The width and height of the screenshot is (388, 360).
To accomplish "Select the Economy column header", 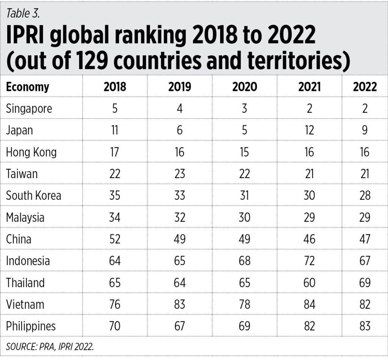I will pyautogui.click(x=27, y=87).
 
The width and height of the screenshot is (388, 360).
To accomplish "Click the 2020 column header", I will pyautogui.click(x=244, y=87).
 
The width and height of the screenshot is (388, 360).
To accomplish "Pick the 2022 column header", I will pyautogui.click(x=365, y=87).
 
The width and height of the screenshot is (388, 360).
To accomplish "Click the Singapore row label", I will pyautogui.click(x=29, y=109).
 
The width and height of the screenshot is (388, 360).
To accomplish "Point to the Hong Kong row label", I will pyautogui.click(x=31, y=152).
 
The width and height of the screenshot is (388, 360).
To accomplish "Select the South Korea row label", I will pyautogui.click(x=33, y=196).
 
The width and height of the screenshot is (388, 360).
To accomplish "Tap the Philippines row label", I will pyautogui.click(x=31, y=326).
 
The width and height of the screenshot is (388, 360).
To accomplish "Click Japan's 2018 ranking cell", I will pyautogui.click(x=115, y=130).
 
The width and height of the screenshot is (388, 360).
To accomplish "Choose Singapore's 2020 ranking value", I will pyautogui.click(x=244, y=109).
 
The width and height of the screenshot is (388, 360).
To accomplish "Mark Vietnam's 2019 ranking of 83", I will pyautogui.click(x=180, y=304).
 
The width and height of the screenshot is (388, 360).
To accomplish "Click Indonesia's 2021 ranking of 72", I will pyautogui.click(x=309, y=261).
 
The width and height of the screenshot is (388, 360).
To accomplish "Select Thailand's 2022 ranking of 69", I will pyautogui.click(x=365, y=283).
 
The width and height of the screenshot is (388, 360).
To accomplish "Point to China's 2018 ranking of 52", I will pyautogui.click(x=115, y=239).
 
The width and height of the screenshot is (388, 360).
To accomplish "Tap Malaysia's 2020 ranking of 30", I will pyautogui.click(x=244, y=218).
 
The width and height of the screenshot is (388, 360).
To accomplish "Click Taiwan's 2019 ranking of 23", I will pyautogui.click(x=180, y=174).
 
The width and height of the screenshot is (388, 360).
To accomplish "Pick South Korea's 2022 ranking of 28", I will pyautogui.click(x=365, y=196).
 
